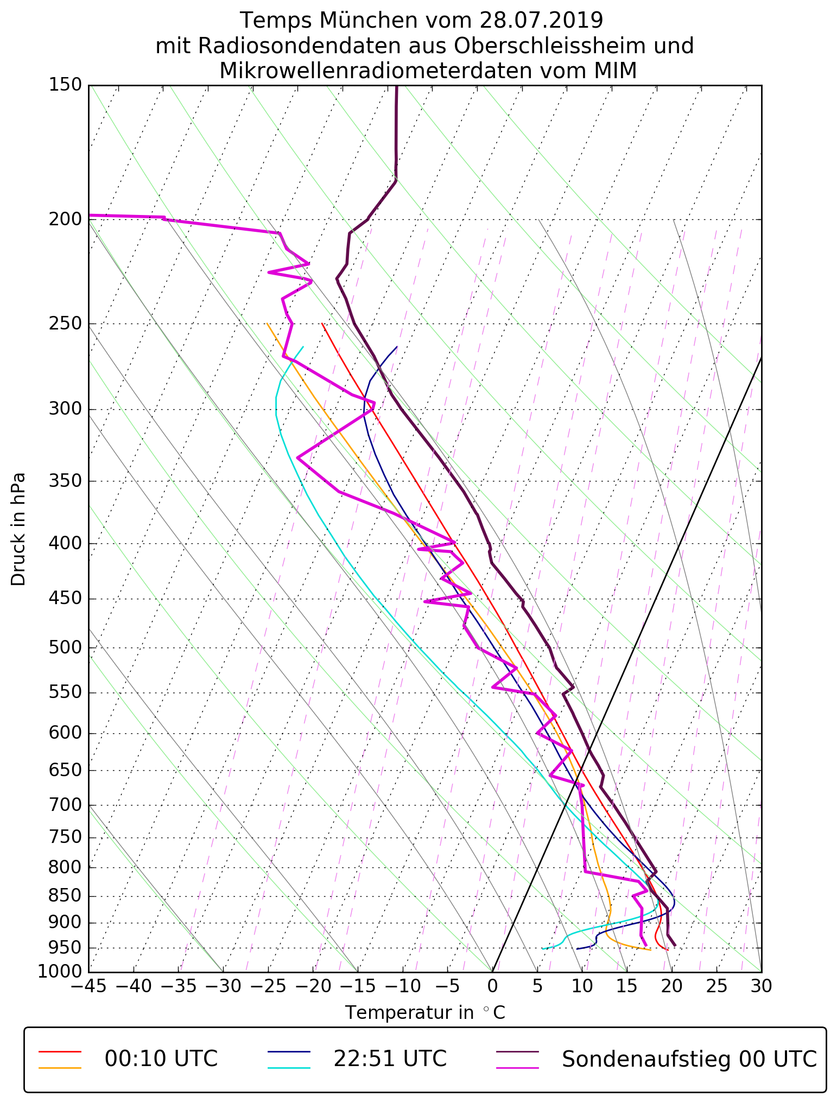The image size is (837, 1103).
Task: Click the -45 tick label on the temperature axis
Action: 88,986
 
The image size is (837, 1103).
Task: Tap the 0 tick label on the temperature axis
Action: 492,986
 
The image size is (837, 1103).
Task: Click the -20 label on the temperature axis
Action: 313,986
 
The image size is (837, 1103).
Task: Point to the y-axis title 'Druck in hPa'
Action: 18,529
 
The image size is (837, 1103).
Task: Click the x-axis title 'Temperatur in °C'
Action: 425,1013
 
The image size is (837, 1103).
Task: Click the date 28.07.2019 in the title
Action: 541,21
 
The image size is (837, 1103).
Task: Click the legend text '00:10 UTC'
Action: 161,1059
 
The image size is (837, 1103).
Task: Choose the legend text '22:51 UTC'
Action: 390,1059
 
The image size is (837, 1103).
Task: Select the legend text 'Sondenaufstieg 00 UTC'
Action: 689,1059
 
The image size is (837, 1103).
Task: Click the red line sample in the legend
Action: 60,1051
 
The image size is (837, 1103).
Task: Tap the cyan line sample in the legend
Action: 289,1068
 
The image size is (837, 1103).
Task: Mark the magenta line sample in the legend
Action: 518,1068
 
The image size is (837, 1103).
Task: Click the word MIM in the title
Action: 615,71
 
